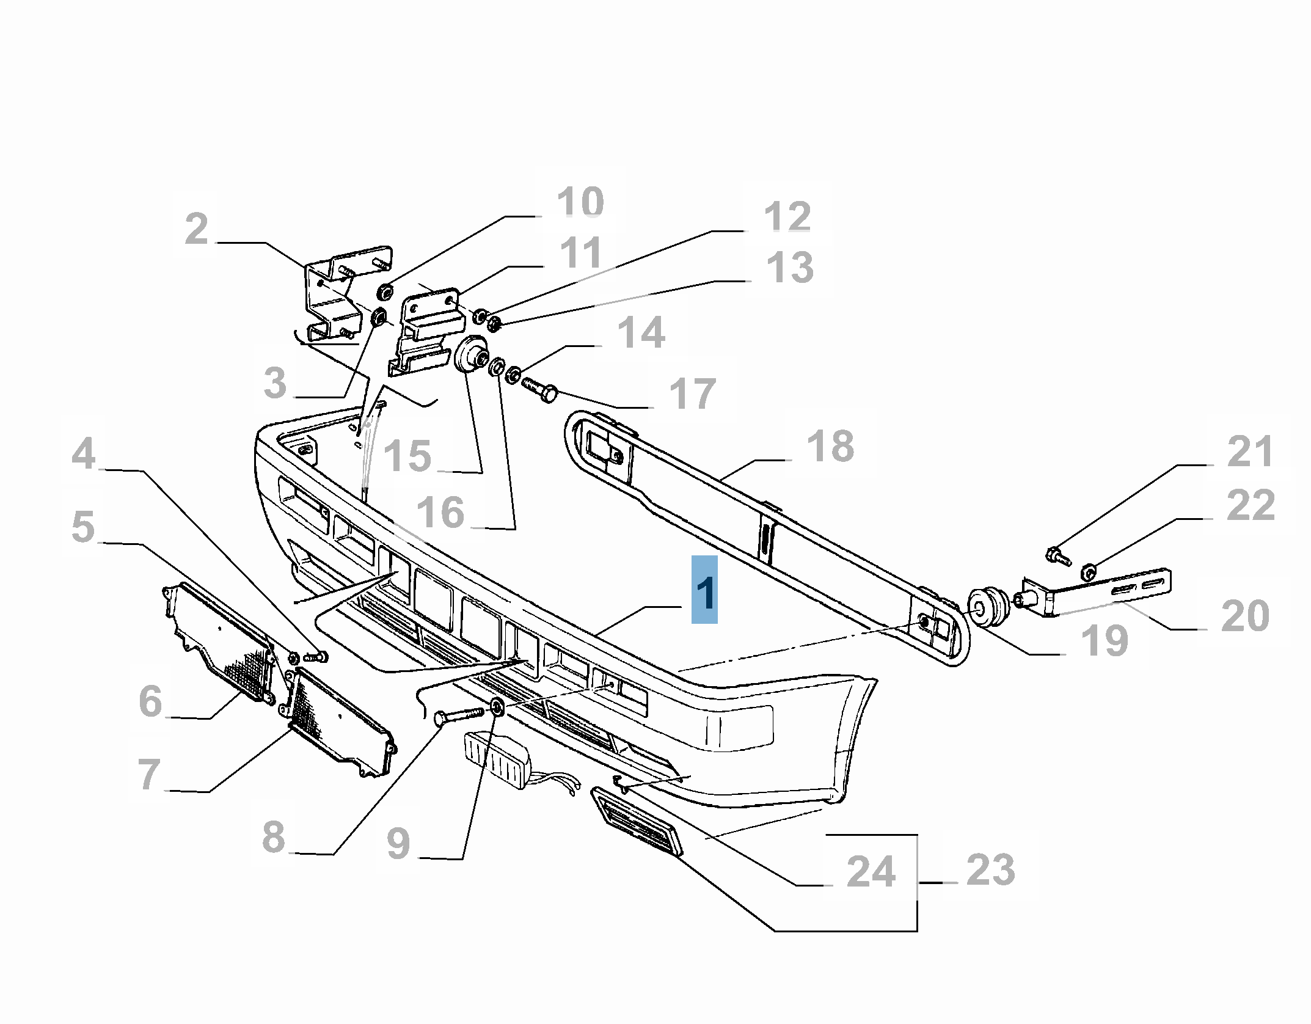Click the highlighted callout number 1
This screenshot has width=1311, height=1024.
point(704,591)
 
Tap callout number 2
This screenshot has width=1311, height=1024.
point(196,229)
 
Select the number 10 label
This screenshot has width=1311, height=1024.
point(580,202)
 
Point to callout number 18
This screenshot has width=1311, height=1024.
point(830,446)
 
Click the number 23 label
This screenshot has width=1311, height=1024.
point(990,869)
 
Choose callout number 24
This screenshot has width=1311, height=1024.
point(871,871)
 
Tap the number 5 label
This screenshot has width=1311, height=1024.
point(83,527)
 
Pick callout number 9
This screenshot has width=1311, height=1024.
point(398,844)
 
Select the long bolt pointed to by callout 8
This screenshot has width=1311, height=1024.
point(458,715)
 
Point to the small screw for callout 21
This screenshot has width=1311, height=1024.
point(1058,555)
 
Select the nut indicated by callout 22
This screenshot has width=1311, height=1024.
point(1088,572)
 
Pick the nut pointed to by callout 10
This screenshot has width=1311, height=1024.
point(384,292)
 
